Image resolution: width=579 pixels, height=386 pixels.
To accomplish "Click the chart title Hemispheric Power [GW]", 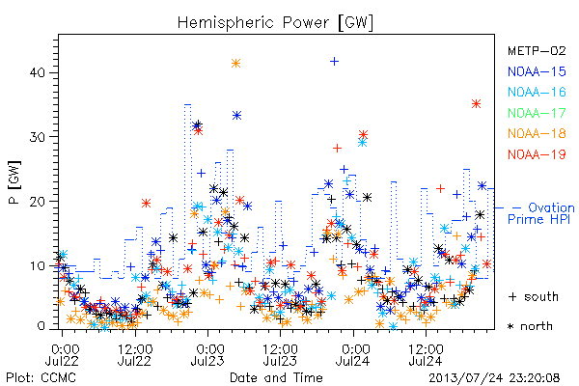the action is point(275,23).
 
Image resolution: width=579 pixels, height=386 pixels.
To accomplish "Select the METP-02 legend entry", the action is point(537,50).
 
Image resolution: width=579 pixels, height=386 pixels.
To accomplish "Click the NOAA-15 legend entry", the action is point(537,71).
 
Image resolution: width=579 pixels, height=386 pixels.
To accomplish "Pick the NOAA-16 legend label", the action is point(537,92).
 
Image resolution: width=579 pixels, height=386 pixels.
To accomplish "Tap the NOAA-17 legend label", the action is point(537,113).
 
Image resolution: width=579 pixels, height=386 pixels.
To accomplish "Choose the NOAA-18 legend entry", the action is point(537,133).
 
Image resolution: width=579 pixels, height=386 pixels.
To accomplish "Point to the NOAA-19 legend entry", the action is point(537,154).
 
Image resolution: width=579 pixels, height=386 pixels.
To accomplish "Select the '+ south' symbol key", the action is point(534,296).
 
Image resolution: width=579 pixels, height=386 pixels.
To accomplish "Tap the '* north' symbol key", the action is point(530,326).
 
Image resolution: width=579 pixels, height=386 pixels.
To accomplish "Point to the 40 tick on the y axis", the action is point(38,72).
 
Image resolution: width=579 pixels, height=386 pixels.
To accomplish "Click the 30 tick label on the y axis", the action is point(38,137).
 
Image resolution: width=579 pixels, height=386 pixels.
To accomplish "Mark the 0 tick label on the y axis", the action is point(41,326).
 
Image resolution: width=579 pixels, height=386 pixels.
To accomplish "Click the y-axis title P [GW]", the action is point(14,181).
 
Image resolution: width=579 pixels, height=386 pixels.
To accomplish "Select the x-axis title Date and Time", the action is point(276,377).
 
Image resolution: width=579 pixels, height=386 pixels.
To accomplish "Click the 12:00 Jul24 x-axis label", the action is point(426,354).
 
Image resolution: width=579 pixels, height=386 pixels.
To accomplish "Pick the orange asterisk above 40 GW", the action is point(236,63).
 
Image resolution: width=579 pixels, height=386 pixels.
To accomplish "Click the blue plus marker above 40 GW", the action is point(334,61).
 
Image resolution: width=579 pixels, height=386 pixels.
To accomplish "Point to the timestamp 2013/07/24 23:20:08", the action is point(494,377).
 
